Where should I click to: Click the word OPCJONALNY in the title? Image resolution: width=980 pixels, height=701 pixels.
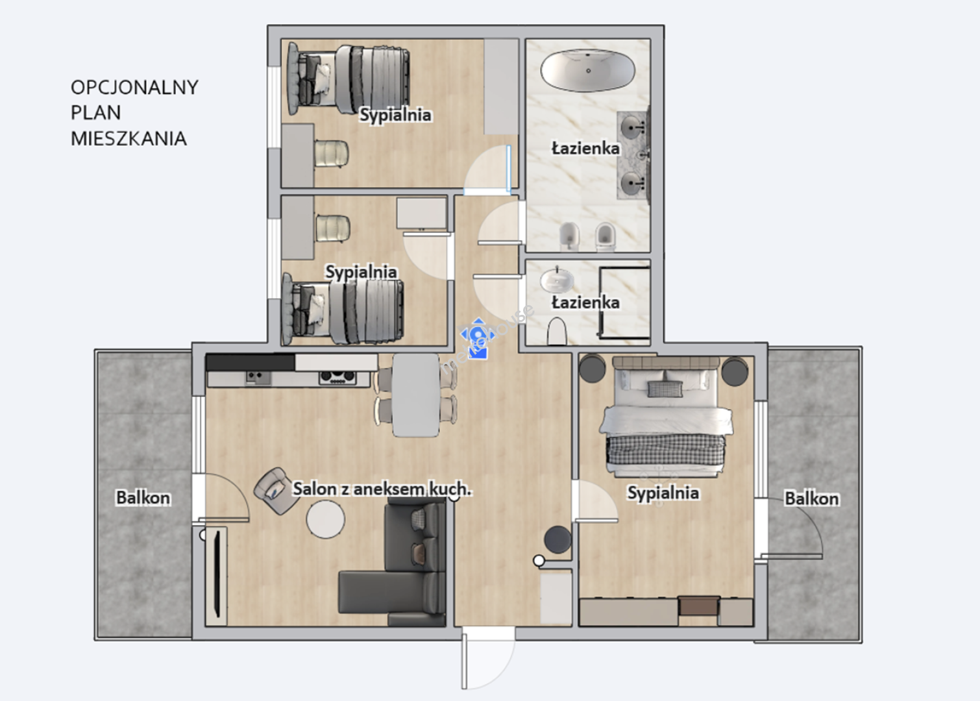(x=134, y=88)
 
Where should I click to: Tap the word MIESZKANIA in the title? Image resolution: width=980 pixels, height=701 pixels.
(x=129, y=139)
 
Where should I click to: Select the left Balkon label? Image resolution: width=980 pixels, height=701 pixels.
(x=143, y=498)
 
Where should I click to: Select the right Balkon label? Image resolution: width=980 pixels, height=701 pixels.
(x=811, y=498)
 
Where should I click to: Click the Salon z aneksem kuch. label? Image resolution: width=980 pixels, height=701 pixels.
(x=382, y=489)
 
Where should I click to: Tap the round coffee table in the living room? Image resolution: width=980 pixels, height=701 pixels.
(x=326, y=519)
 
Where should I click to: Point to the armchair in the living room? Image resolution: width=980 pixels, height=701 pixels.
(x=277, y=491)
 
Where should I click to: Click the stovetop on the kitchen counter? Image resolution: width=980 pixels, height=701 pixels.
(x=337, y=378)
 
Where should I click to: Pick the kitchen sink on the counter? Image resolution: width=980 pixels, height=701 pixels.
(x=258, y=378)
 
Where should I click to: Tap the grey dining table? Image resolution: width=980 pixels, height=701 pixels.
(x=415, y=395)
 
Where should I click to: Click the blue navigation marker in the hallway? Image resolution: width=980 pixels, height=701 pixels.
(x=478, y=338)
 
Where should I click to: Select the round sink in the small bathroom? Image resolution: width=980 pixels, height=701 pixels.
(x=557, y=280)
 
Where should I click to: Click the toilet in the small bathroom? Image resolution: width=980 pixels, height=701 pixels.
(x=557, y=331)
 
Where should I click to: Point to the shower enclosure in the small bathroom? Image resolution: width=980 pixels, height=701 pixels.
(x=624, y=302)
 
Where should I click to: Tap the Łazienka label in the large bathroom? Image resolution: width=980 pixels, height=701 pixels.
(x=585, y=149)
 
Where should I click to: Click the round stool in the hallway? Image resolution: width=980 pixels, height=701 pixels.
(x=557, y=539)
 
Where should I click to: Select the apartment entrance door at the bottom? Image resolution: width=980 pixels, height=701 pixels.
(x=489, y=656)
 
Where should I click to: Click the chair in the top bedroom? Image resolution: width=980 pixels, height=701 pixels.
(x=332, y=153)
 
